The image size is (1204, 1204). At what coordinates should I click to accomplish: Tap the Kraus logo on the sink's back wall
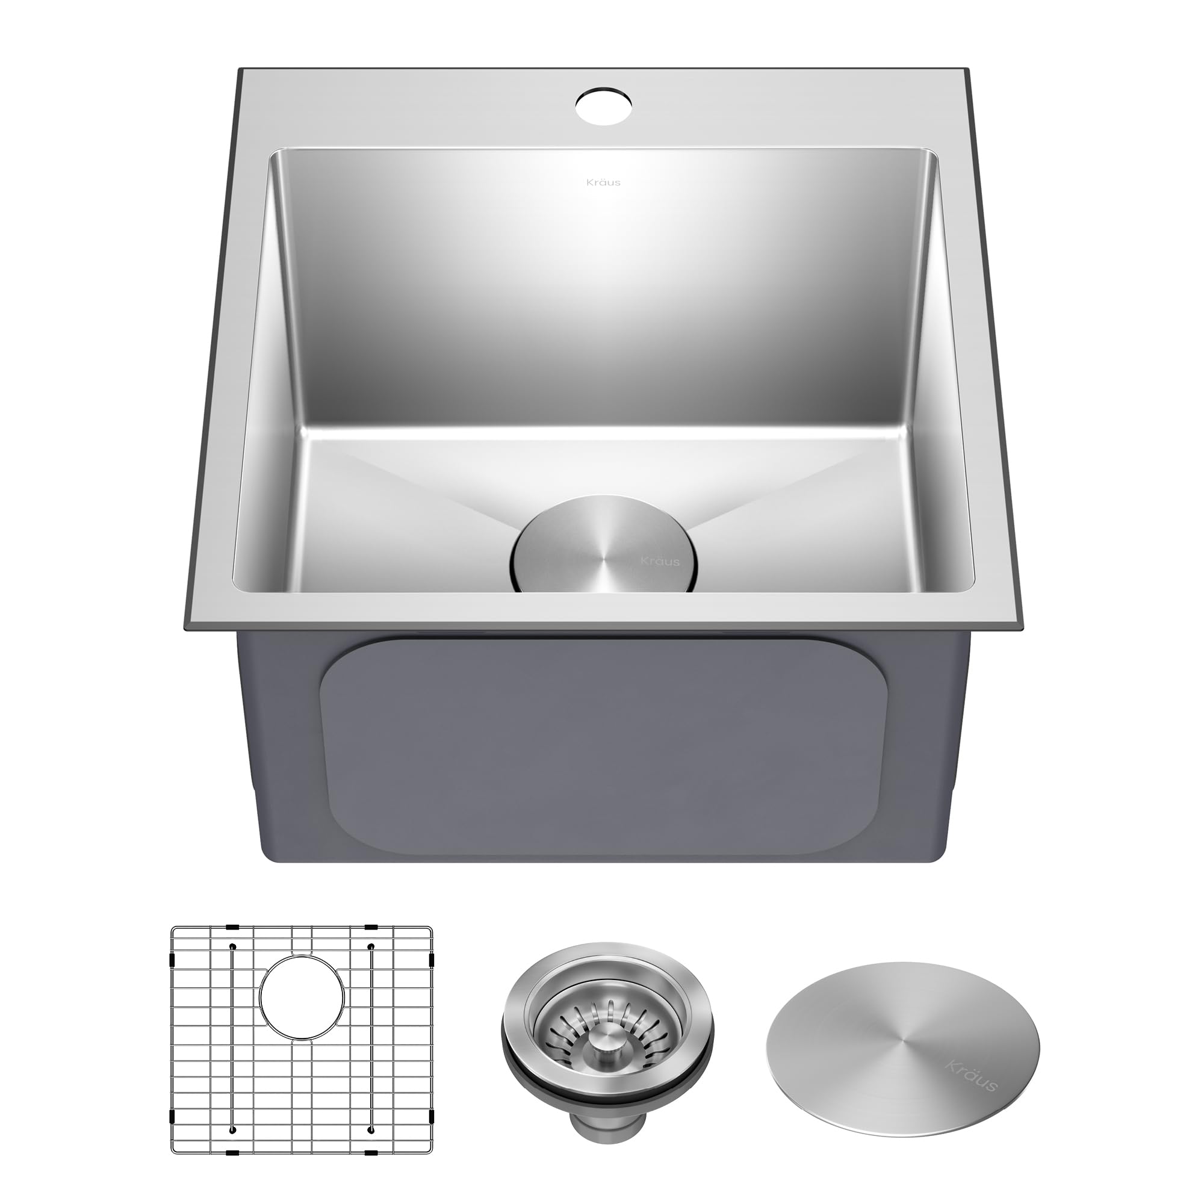coord(603,182)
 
